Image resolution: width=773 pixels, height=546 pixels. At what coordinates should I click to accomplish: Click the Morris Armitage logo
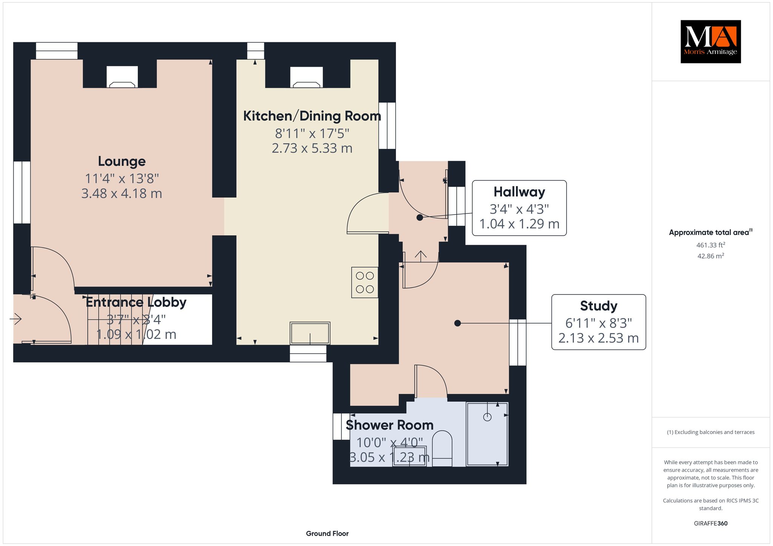710,41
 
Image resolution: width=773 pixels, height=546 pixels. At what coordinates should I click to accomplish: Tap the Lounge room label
122,161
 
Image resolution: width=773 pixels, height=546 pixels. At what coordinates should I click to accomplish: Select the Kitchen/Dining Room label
312,116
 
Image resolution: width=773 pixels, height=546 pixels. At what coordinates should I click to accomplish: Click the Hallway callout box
519,208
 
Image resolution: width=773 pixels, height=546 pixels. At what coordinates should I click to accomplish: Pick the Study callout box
599,322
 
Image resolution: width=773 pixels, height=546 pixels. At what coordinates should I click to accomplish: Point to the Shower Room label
390,425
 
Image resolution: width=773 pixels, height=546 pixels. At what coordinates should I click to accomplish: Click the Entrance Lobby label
136,302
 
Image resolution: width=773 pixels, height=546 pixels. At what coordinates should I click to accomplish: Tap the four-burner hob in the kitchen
365,282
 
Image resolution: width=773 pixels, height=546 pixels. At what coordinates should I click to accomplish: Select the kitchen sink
310,333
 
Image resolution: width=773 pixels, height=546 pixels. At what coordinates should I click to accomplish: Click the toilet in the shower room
442,449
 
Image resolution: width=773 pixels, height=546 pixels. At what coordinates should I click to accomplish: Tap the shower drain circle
487,417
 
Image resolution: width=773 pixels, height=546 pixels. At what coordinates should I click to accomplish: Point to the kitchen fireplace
306,77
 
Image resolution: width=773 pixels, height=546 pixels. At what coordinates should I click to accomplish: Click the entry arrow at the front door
15,319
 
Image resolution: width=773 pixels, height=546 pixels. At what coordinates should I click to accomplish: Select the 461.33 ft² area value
711,245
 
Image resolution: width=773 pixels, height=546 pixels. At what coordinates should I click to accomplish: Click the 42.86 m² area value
711,256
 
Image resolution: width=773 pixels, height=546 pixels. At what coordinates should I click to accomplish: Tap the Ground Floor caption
327,534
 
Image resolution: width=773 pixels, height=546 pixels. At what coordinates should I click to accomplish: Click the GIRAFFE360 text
711,523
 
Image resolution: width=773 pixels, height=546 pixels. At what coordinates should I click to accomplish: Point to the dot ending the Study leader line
457,323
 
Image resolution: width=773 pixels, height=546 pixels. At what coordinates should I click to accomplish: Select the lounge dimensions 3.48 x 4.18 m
122,193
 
